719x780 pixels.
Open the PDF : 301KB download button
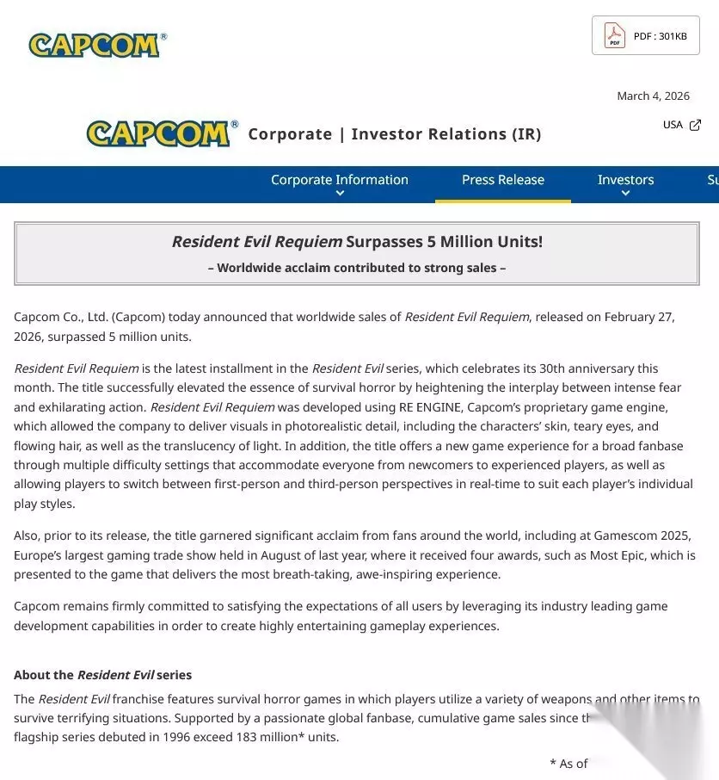[645, 35]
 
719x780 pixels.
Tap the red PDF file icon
[614, 35]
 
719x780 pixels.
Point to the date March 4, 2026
[653, 96]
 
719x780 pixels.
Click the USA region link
[673, 125]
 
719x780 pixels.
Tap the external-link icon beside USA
[695, 125]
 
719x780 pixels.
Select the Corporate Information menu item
[340, 179]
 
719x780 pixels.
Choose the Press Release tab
[503, 179]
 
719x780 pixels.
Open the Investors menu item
[625, 179]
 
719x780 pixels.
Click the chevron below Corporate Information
[340, 194]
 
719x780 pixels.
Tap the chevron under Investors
[625, 194]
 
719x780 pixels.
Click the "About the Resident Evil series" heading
[103, 674]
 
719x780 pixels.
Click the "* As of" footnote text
[568, 763]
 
